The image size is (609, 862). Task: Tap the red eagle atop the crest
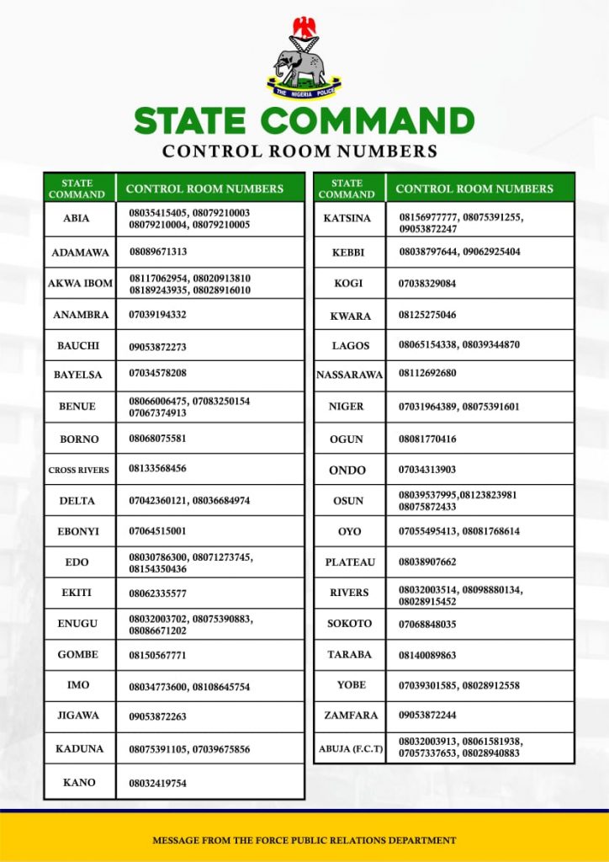coord(304,27)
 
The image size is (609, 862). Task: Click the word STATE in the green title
coord(193,120)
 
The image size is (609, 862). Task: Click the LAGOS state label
coord(351,345)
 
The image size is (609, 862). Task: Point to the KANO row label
coord(79,783)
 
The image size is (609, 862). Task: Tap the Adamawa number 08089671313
coord(158,252)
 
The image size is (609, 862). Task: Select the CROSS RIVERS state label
coord(78,470)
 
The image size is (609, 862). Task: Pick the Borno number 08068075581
coord(157,439)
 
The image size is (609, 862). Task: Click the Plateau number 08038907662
coord(427,561)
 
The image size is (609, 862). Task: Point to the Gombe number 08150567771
coord(157,655)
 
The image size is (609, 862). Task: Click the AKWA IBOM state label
coord(79,284)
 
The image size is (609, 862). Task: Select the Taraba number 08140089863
coord(427,655)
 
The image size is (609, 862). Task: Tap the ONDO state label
coord(347,470)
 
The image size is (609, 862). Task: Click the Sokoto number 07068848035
coord(427,624)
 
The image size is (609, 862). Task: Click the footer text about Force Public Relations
coord(304,840)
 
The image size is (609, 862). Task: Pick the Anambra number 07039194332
coord(157,314)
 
